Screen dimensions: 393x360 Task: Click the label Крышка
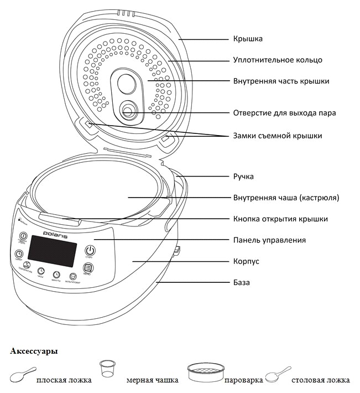click(x=247, y=39)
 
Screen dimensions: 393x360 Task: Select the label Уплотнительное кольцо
click(x=277, y=60)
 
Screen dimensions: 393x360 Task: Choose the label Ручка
click(x=243, y=177)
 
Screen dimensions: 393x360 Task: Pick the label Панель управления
click(x=269, y=240)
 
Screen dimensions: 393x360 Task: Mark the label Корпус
click(x=246, y=261)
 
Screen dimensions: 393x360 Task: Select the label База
click(x=241, y=282)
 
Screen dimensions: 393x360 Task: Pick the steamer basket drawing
click(x=205, y=373)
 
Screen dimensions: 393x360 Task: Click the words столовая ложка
click(x=320, y=380)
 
